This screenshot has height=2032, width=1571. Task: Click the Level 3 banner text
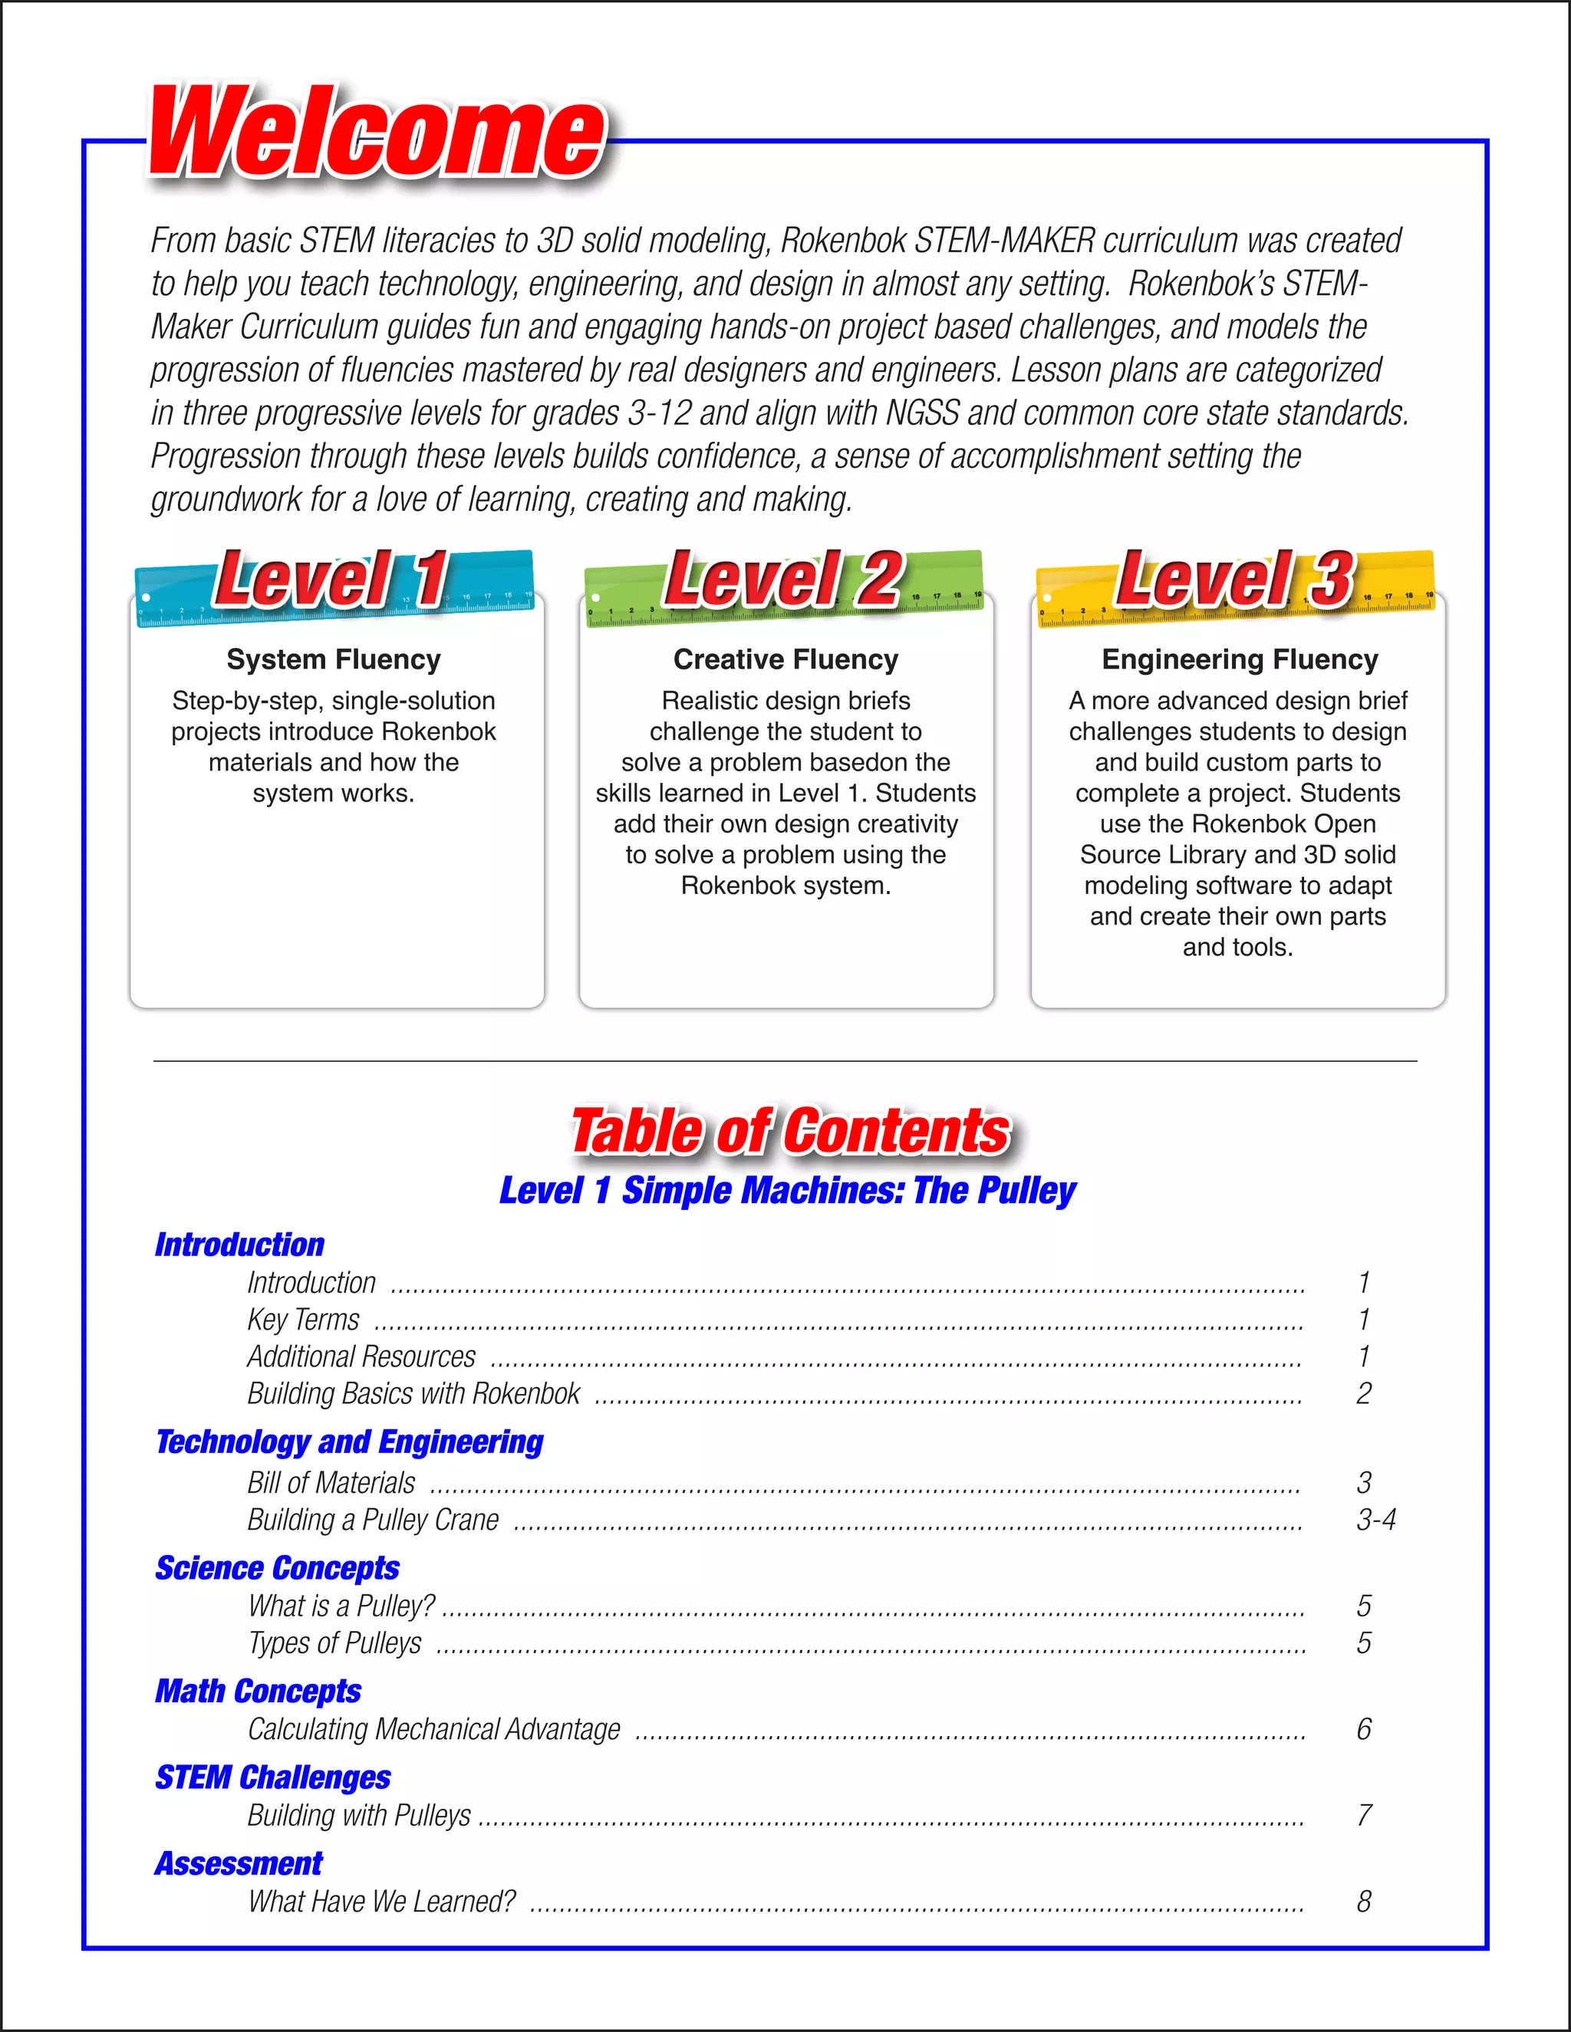pos(1234,580)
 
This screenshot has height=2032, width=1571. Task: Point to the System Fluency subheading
pos(333,659)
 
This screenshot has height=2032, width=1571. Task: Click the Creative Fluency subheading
pos(785,659)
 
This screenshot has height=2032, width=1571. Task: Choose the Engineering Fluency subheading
pos(1240,659)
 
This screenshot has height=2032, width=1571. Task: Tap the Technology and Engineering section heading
pos(349,1442)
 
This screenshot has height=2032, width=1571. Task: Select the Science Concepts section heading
pos(278,1568)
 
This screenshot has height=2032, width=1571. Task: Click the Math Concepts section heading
pos(258,1691)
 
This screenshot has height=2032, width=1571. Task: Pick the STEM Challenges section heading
pos(272,1777)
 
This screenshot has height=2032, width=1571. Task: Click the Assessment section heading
pos(239,1863)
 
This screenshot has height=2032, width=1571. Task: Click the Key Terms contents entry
pos(304,1320)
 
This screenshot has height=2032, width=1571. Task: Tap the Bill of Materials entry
pos(331,1483)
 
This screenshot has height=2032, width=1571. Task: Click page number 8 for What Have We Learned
pos(1363,1902)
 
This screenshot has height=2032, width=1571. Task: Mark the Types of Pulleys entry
pos(335,1643)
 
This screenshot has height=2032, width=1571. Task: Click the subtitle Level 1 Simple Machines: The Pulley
pos(787,1191)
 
